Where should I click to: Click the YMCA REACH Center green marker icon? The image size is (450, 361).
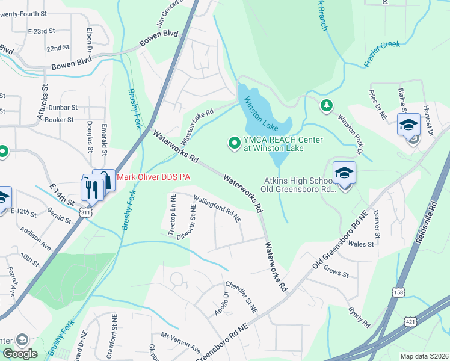(233, 143)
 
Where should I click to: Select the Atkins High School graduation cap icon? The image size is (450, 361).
(345, 173)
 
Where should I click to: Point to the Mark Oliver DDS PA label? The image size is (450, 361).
(153, 177)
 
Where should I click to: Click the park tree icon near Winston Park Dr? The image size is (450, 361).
(326, 106)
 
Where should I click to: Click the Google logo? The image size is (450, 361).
(20, 354)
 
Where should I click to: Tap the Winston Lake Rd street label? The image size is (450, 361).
(197, 125)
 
